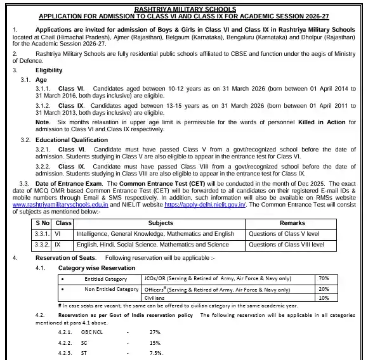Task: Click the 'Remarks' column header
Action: point(292,223)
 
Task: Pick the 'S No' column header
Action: point(43,223)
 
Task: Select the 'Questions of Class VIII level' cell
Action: point(286,244)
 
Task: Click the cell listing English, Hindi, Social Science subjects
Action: point(152,244)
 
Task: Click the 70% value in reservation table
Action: point(324,278)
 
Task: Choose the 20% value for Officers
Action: point(324,288)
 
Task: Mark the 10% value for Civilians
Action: point(324,297)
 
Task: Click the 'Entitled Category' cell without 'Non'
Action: point(105,278)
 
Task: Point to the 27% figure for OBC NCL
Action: point(155,332)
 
